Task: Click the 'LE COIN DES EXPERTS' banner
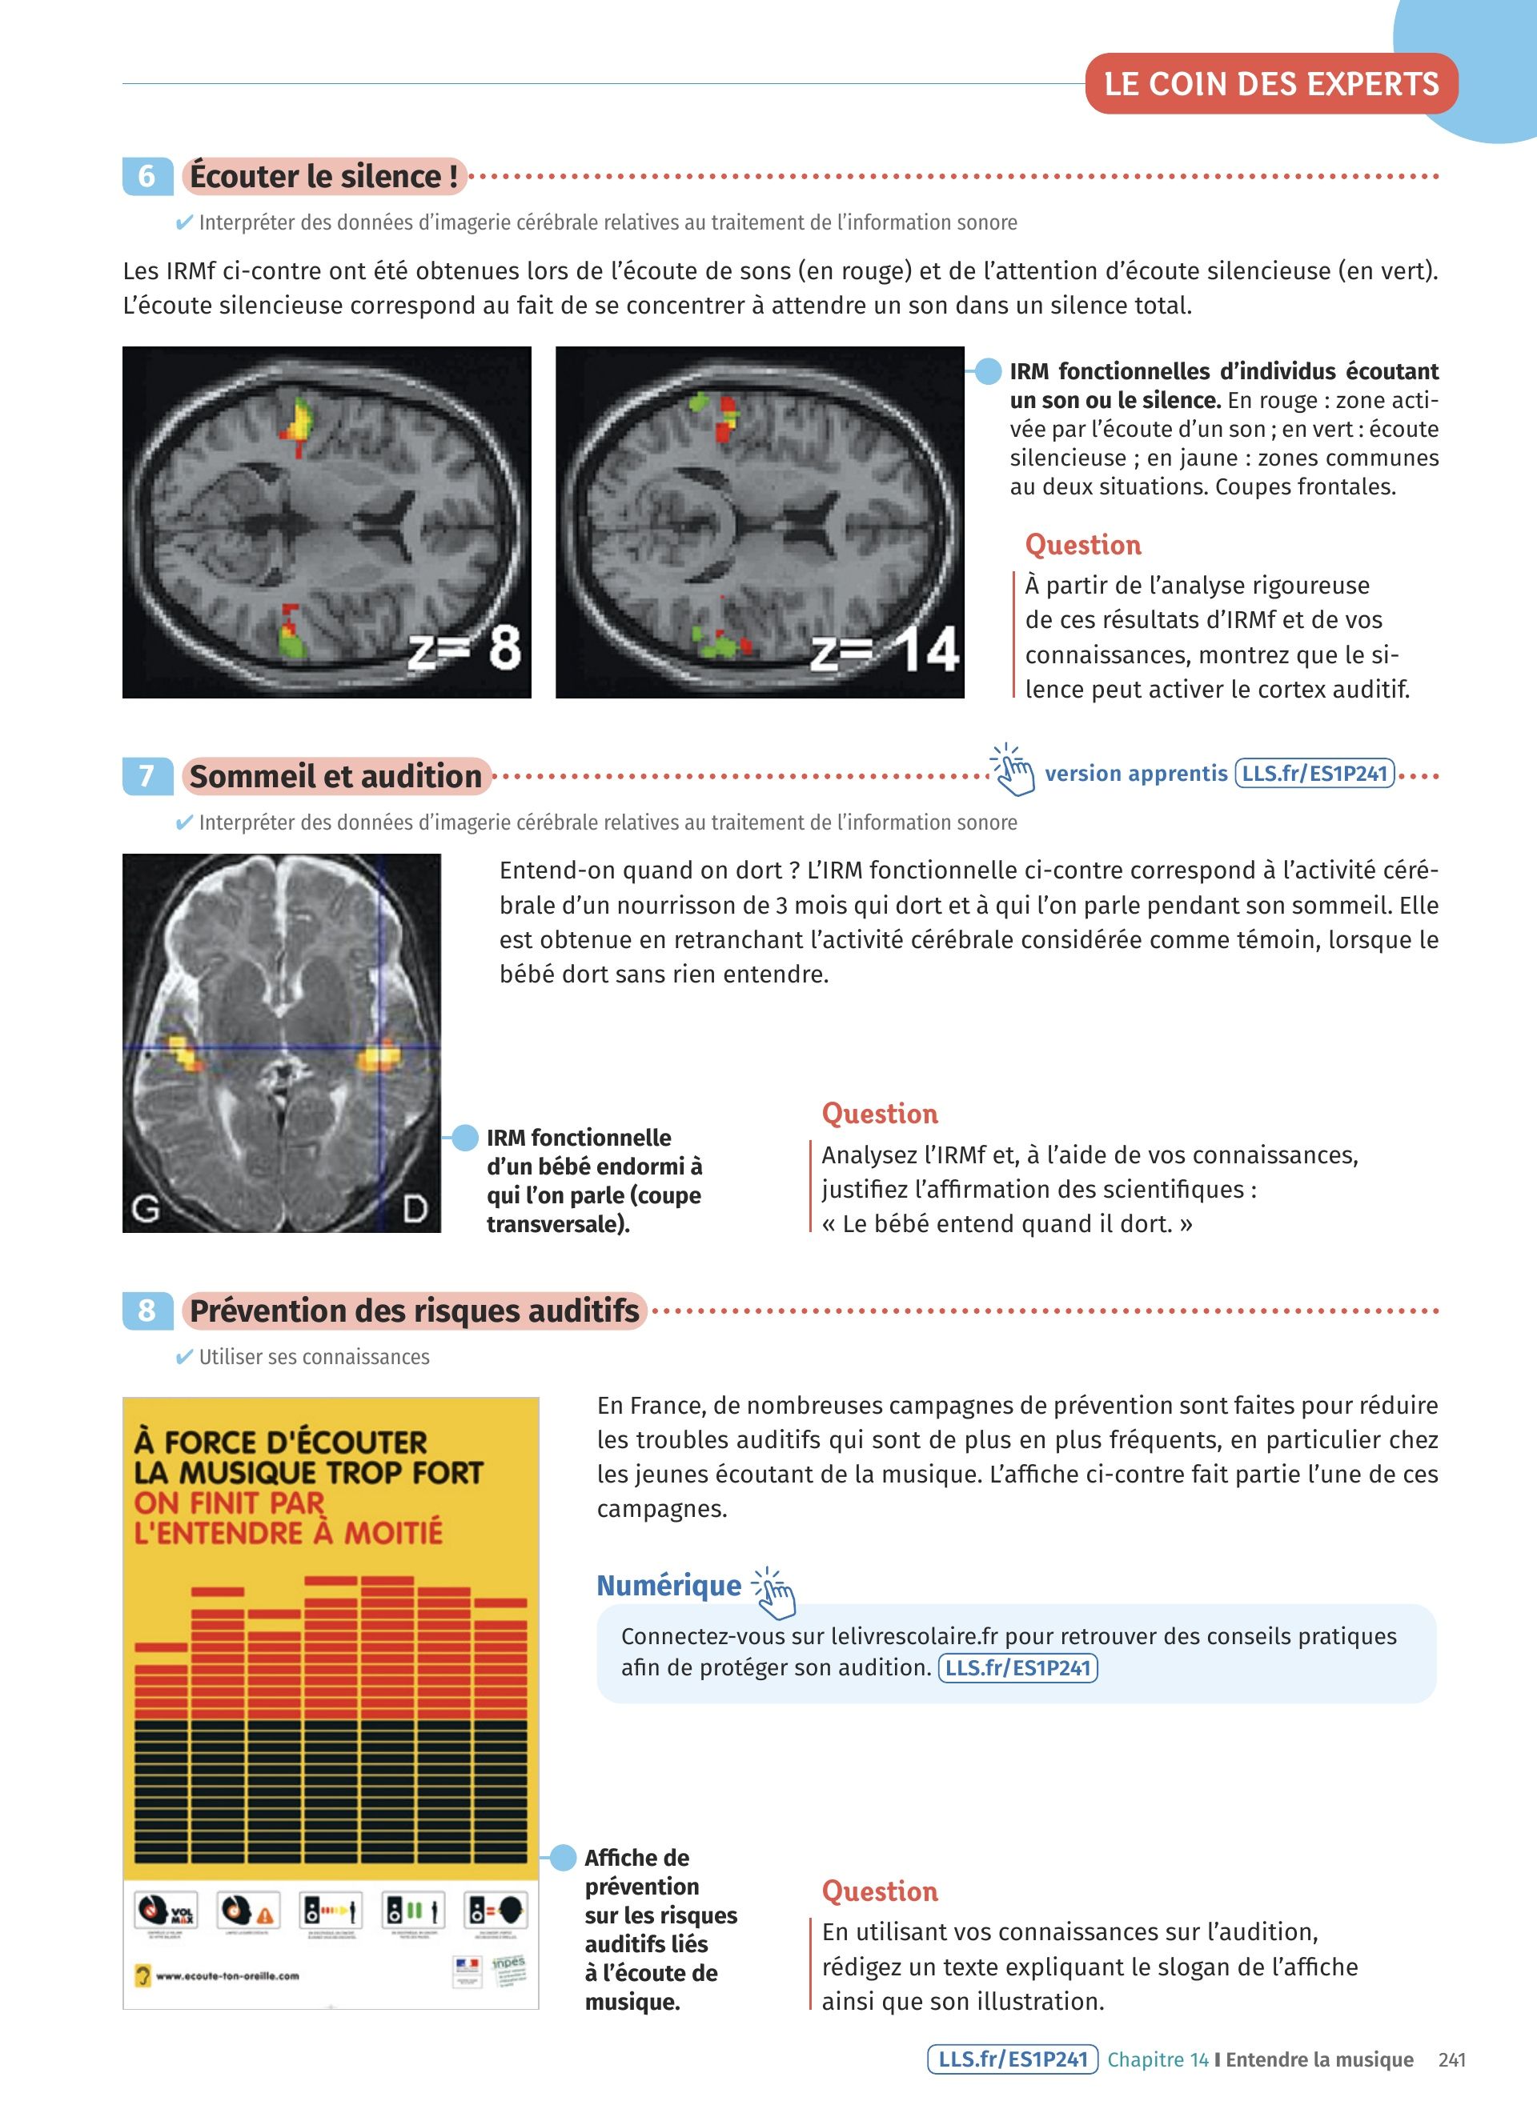pyautogui.click(x=1271, y=84)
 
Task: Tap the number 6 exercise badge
pyautogui.click(x=147, y=176)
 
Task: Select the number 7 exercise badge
pyautogui.click(x=147, y=776)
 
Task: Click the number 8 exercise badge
pyautogui.click(x=147, y=1310)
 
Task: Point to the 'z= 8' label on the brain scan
pyautogui.click(x=465, y=648)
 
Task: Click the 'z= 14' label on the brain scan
pyautogui.click(x=885, y=651)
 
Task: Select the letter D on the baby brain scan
pyautogui.click(x=415, y=1209)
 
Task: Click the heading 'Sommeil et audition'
pyautogui.click(x=335, y=776)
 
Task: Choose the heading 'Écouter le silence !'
pyautogui.click(x=323, y=176)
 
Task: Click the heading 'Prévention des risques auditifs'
pyautogui.click(x=414, y=1310)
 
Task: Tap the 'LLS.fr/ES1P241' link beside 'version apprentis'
pyautogui.click(x=1314, y=774)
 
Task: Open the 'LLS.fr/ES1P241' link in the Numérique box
pyautogui.click(x=1017, y=1668)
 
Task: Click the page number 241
pyautogui.click(x=1451, y=2059)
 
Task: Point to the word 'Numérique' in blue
pyautogui.click(x=669, y=1585)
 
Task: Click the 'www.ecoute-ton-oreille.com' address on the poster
pyautogui.click(x=227, y=1976)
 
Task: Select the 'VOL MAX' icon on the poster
pyautogui.click(x=166, y=1910)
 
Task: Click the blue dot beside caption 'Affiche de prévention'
pyautogui.click(x=562, y=1857)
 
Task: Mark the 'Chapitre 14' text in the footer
pyautogui.click(x=1158, y=2059)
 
